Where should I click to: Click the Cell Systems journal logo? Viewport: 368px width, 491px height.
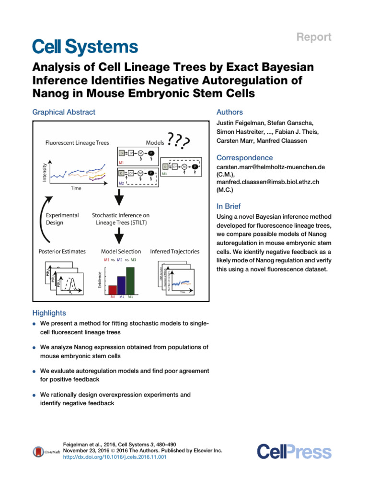[85, 47]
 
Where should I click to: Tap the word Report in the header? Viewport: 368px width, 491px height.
[313, 37]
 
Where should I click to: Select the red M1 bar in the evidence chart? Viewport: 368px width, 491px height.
[113, 289]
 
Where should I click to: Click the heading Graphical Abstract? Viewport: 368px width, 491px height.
[64, 112]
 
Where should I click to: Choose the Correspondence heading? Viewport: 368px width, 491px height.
[245, 158]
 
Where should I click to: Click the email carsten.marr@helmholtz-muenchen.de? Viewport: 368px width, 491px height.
[271, 167]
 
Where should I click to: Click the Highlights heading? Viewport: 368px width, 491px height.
[49, 313]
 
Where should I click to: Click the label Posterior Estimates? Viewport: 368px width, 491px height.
[62, 251]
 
